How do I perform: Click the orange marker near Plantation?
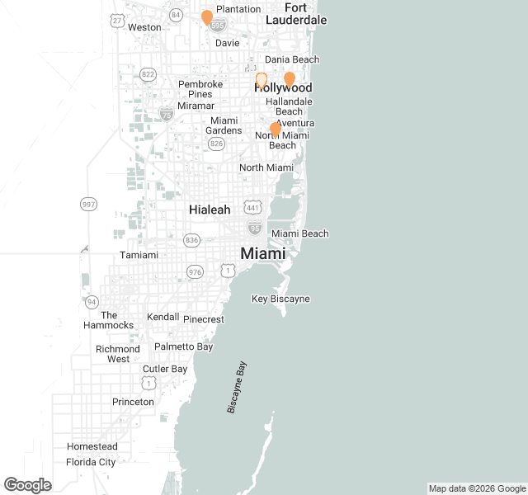207,17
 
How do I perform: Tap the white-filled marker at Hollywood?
262,80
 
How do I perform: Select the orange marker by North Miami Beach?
276,130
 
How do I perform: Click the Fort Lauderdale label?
295,13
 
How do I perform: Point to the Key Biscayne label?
280,299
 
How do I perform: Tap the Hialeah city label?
210,210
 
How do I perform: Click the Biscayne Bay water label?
236,387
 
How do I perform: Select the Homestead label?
92,446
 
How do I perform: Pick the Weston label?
144,26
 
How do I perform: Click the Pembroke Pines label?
200,89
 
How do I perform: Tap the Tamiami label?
139,255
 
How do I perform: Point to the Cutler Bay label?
165,369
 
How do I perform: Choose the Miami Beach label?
300,233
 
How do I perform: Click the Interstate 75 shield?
167,114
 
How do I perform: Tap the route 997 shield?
88,204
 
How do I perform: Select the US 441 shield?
253,206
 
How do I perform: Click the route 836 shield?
192,240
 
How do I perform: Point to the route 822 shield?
148,74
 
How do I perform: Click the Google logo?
27,485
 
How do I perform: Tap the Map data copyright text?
477,488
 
